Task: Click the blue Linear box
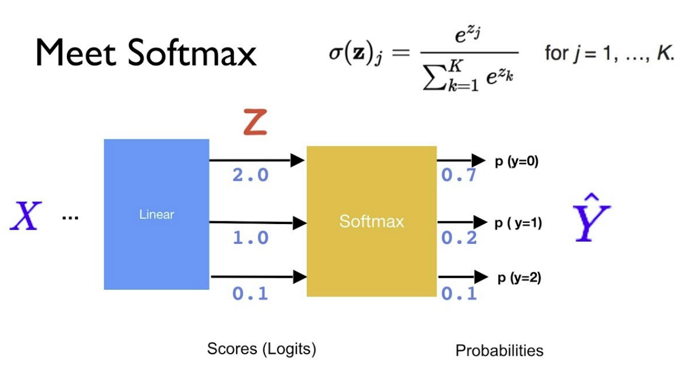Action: [156, 214]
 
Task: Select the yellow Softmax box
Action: [371, 221]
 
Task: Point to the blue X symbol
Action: [25, 215]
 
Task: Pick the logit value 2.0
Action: [250, 176]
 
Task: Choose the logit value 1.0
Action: [250, 238]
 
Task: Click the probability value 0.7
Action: [459, 176]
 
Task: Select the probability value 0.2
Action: [459, 238]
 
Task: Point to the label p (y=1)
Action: [518, 223]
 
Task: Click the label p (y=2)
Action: [519, 278]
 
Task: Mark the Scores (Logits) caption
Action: [261, 349]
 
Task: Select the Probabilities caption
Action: [499, 350]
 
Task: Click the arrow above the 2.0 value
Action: [257, 160]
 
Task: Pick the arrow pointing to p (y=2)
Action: [462, 276]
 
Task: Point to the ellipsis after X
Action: [70, 217]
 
